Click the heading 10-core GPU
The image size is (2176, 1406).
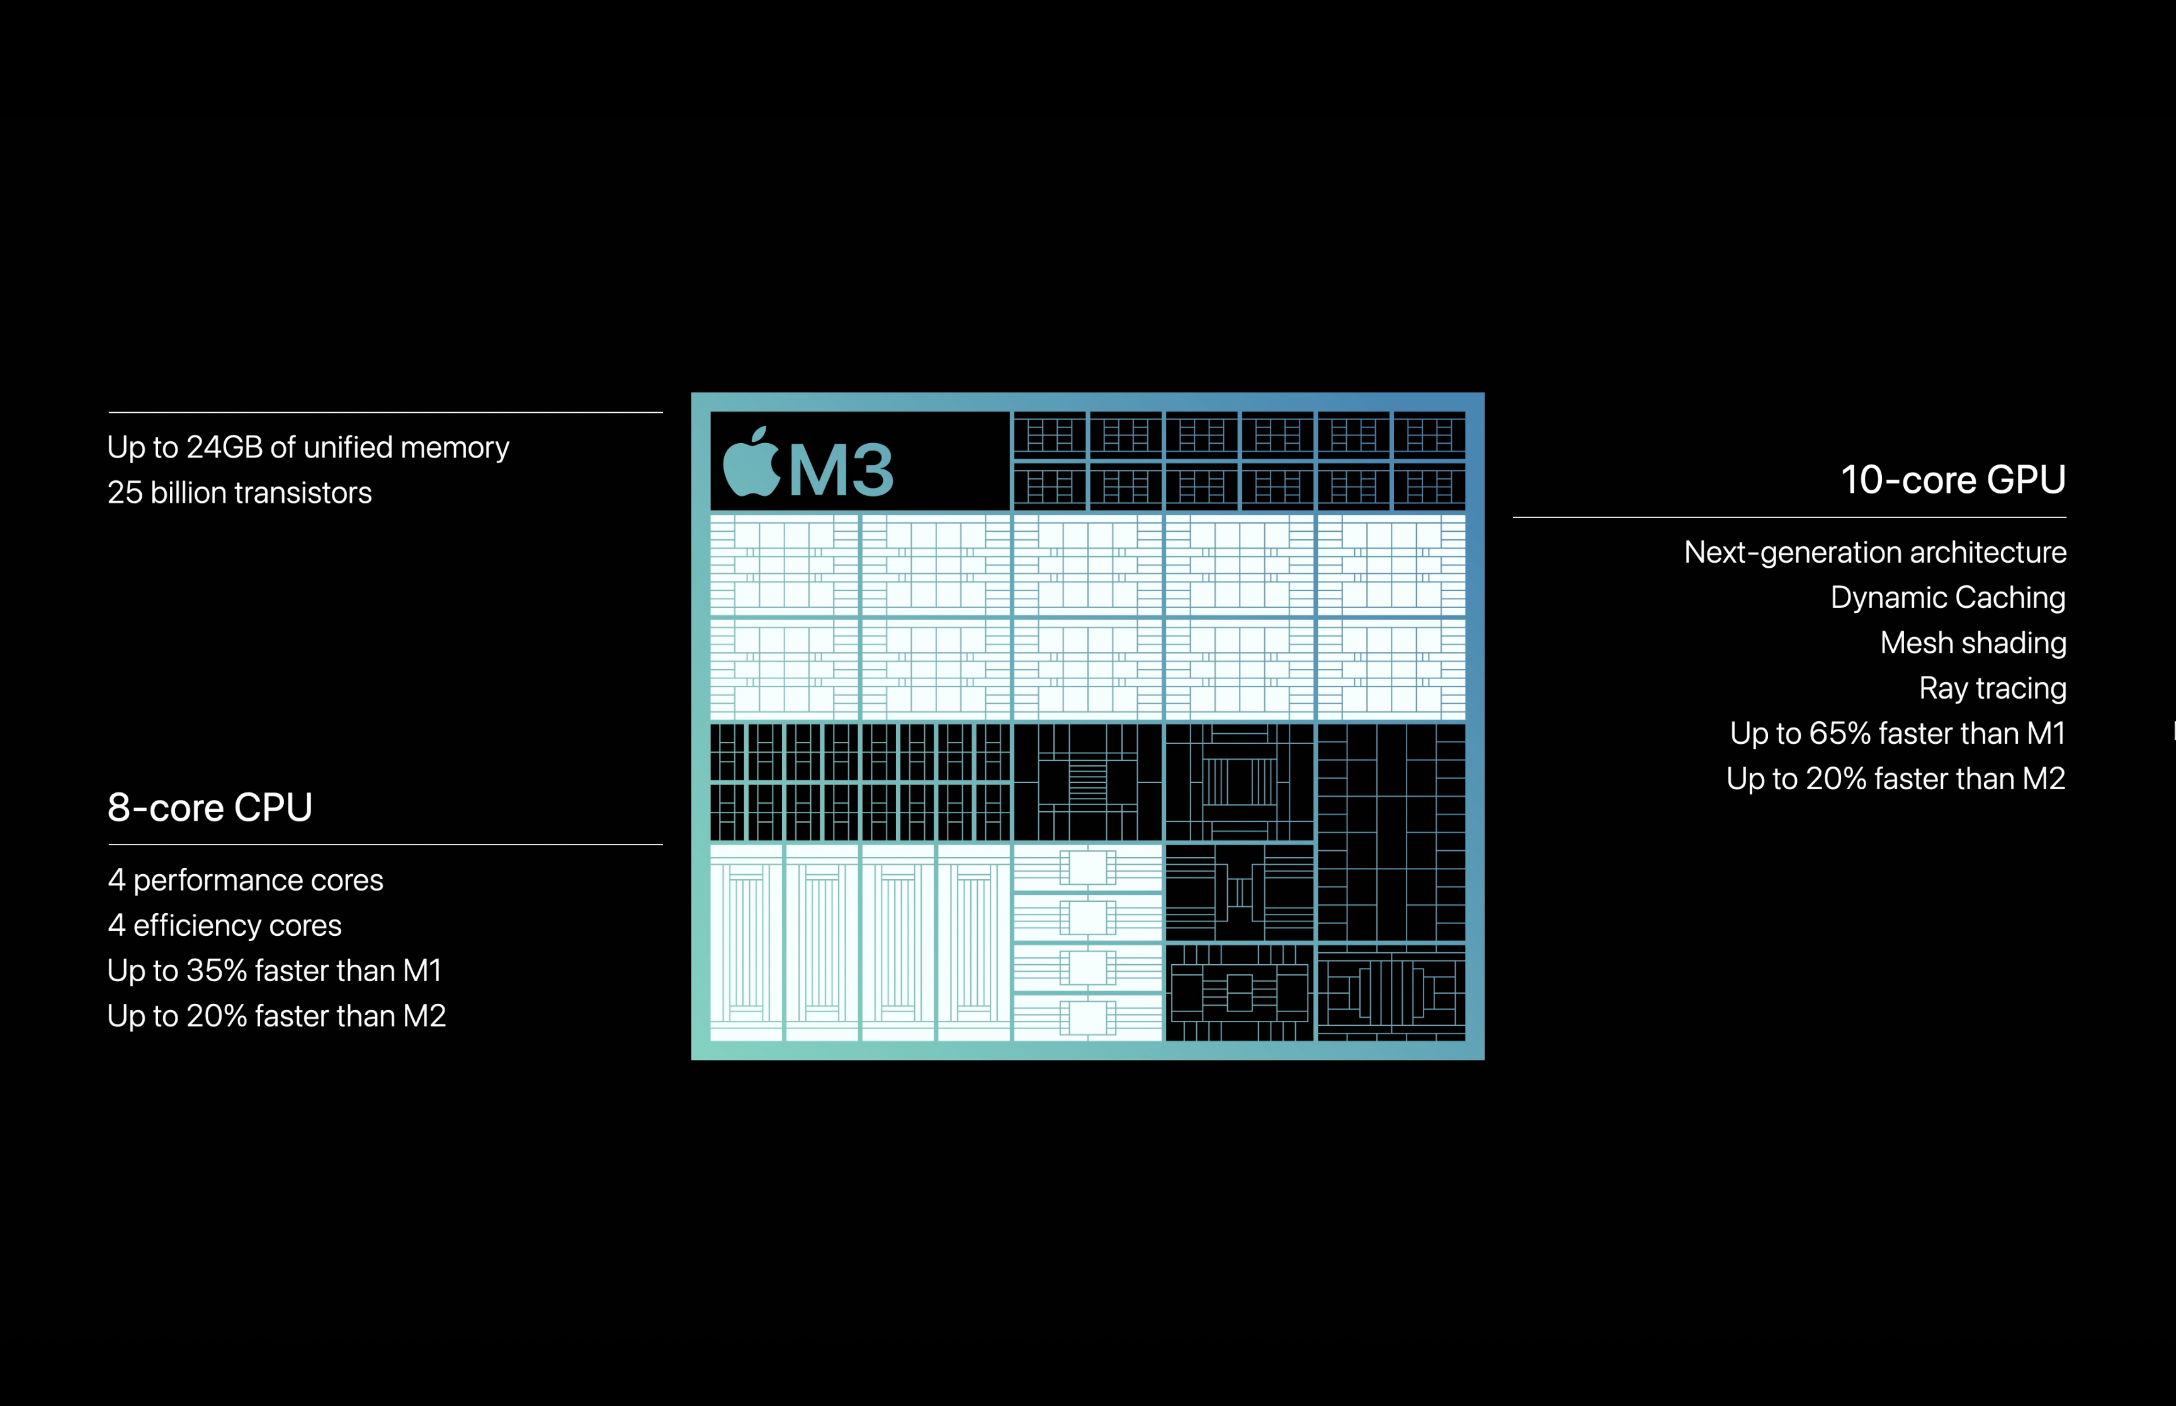click(x=1953, y=480)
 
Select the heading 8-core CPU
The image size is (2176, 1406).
click(x=210, y=807)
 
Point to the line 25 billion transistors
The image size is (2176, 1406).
click(x=239, y=493)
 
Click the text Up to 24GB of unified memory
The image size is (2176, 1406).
click(x=308, y=448)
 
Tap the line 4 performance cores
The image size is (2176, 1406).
click(x=246, y=880)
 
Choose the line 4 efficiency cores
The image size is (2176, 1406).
click(x=225, y=926)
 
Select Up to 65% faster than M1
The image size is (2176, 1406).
click(x=1898, y=733)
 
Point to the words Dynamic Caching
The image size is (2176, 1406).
click(x=1947, y=598)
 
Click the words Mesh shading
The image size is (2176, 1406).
click(x=1973, y=643)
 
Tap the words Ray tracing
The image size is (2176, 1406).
click(x=1992, y=689)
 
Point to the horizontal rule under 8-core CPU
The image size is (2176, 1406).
click(x=385, y=845)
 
